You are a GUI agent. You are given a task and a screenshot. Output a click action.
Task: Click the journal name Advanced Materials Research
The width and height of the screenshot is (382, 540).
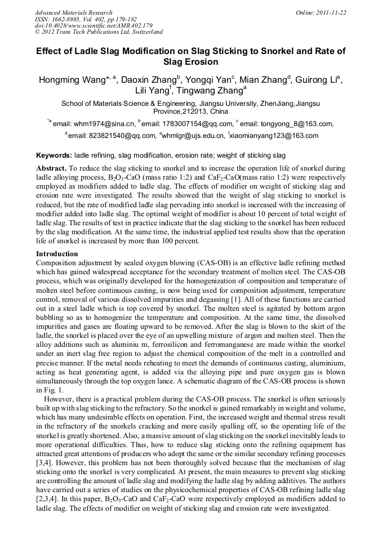(73, 12)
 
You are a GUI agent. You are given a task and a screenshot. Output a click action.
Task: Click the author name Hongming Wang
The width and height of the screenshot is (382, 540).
(72, 80)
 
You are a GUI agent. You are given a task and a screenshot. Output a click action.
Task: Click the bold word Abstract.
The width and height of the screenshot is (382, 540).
(51, 168)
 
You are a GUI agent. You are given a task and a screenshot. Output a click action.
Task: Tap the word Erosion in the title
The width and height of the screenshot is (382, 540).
(201, 62)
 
